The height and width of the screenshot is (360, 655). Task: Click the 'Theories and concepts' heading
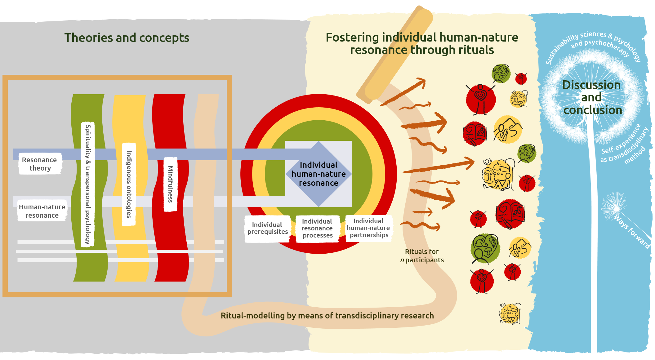point(127,38)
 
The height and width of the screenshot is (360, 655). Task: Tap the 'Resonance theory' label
point(40,164)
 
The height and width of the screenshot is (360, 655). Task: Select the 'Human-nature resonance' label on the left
point(42,211)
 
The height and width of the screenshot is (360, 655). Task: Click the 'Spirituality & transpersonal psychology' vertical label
point(88,184)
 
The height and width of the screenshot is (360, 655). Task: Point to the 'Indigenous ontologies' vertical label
point(129,184)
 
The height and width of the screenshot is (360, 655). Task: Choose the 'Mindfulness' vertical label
point(170,184)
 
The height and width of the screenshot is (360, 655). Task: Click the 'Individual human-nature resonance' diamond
point(319,174)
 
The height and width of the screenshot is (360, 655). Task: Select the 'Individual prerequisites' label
point(267,228)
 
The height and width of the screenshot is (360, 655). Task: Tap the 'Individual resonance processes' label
point(317,228)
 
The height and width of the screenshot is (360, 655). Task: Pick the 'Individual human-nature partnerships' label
point(368,228)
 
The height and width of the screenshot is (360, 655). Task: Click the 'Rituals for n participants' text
point(422,256)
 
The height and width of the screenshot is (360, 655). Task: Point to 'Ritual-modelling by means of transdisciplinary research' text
point(327,316)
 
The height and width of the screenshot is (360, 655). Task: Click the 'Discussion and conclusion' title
point(592,97)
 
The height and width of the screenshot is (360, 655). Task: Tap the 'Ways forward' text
point(632,232)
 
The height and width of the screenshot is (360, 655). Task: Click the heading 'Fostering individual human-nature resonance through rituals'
point(422,44)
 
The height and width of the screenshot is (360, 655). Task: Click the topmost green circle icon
point(501,73)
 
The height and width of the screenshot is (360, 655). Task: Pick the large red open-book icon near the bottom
point(510,214)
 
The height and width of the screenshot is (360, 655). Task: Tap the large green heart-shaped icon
point(485,248)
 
